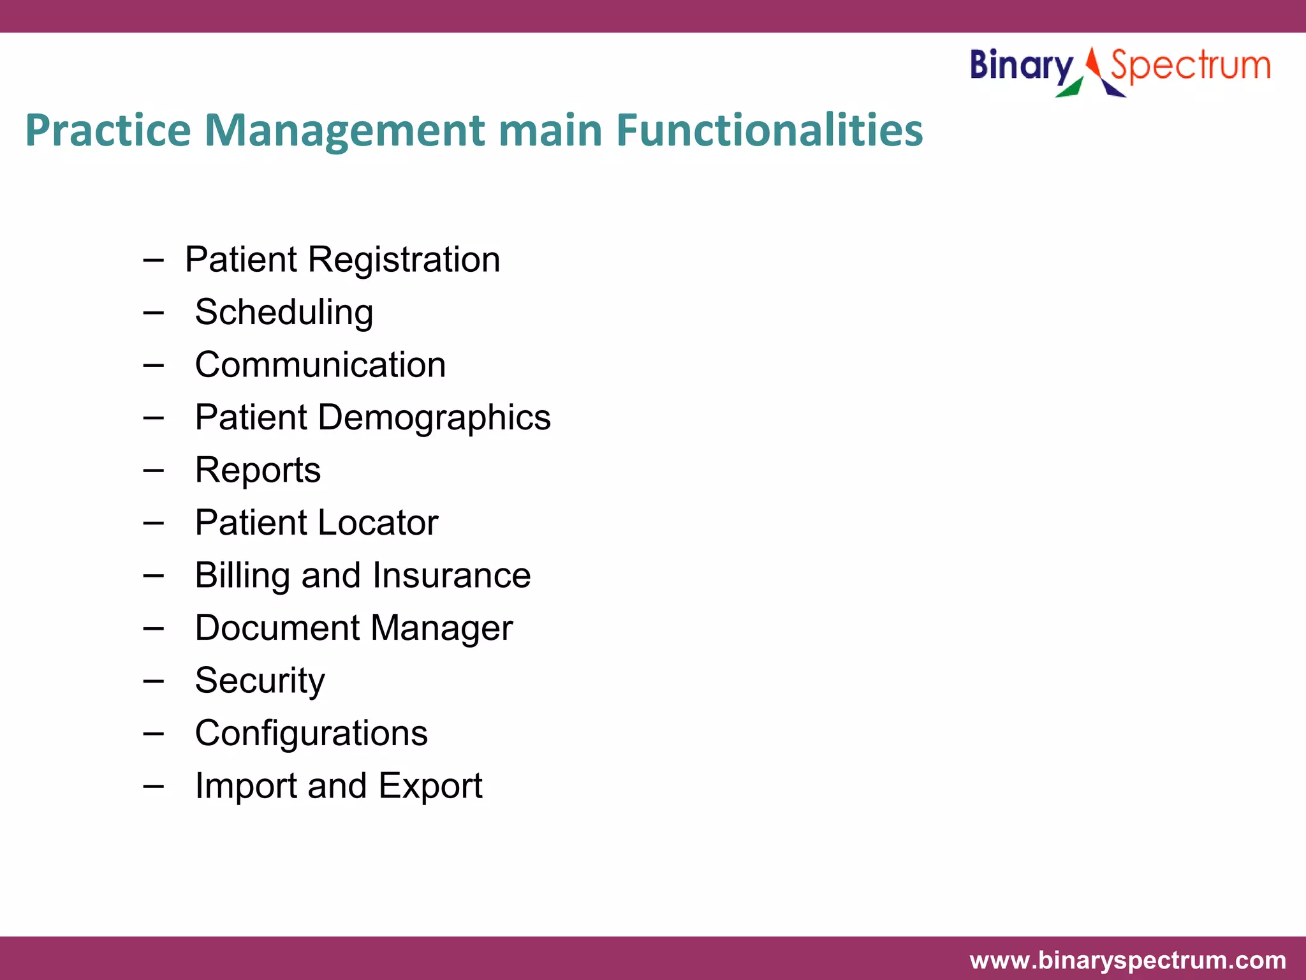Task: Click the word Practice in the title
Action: tap(108, 131)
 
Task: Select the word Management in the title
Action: tap(345, 131)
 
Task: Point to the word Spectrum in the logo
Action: tap(1190, 66)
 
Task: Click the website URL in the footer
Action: tap(1127, 960)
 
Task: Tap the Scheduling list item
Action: tap(284, 313)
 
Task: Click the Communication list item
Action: tap(320, 365)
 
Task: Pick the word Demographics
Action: tap(434, 418)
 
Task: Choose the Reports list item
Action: tap(258, 470)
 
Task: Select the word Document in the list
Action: tap(277, 628)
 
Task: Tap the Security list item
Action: tap(260, 681)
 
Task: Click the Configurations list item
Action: tap(311, 733)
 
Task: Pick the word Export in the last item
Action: tap(430, 785)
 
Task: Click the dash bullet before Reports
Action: tap(153, 471)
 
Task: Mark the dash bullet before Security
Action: tap(153, 681)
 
